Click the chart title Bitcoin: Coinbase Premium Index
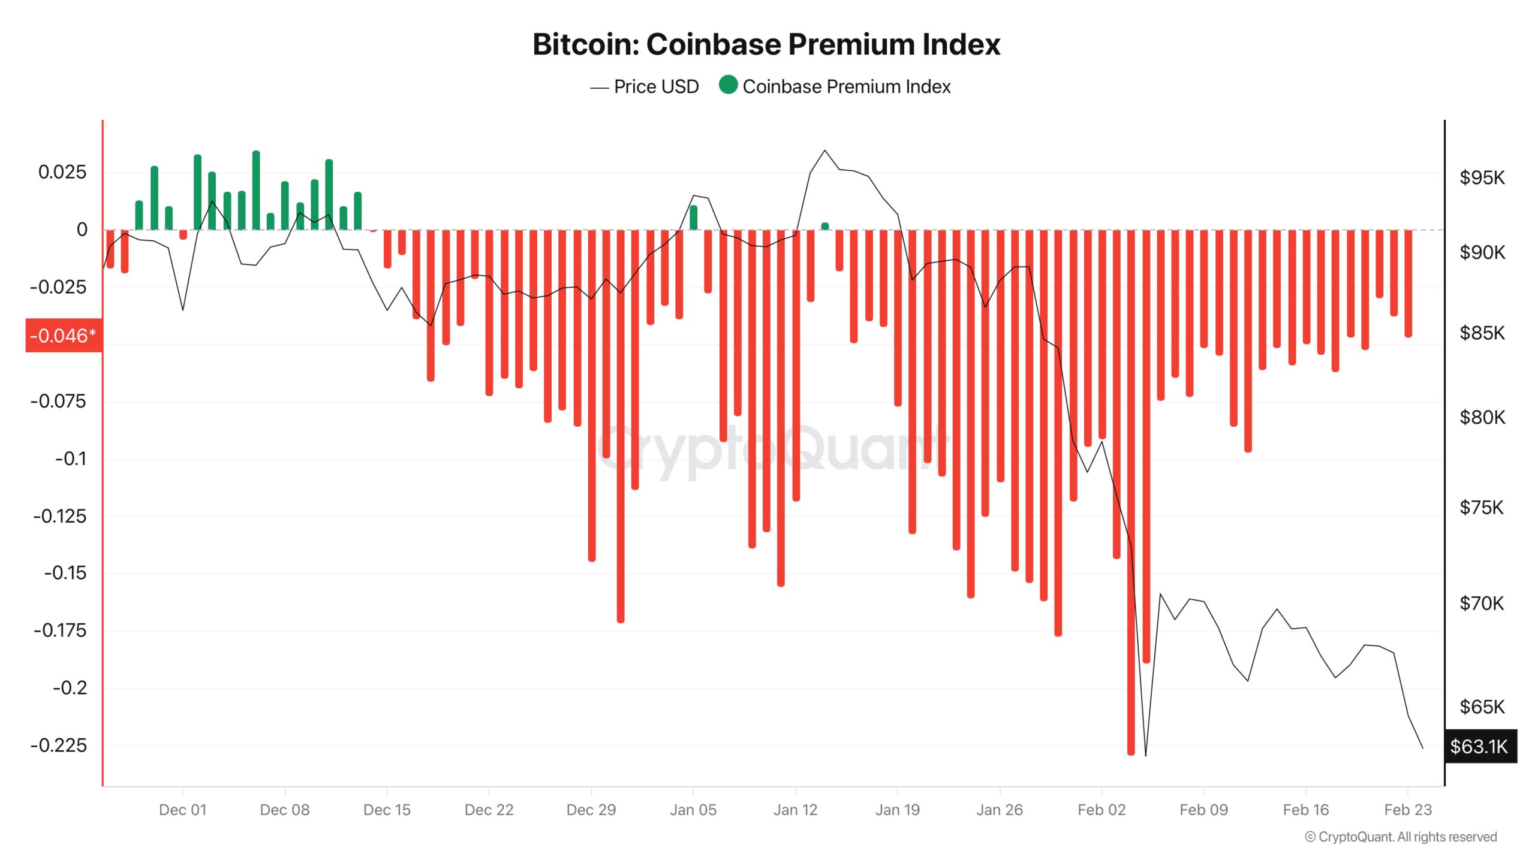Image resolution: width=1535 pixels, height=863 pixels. pyautogui.click(x=766, y=44)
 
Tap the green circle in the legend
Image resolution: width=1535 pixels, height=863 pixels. pyautogui.click(x=728, y=85)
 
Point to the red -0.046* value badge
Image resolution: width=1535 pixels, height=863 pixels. pyautogui.click(x=64, y=336)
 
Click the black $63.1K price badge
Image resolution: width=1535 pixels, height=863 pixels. pyautogui.click(x=1480, y=747)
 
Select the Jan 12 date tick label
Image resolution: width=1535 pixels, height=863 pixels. pyautogui.click(x=795, y=810)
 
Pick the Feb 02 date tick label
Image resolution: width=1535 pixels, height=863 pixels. pyautogui.click(x=1101, y=810)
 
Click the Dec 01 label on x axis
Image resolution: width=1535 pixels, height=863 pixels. pyautogui.click(x=182, y=810)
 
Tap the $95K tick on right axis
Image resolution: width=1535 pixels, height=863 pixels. pyautogui.click(x=1482, y=178)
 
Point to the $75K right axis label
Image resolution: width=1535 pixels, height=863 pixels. pyautogui.click(x=1482, y=508)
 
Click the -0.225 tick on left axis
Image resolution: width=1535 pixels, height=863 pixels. pyautogui.click(x=59, y=746)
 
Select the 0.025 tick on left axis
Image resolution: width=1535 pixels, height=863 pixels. pyautogui.click(x=62, y=173)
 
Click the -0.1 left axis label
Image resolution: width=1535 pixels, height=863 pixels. pyautogui.click(x=71, y=459)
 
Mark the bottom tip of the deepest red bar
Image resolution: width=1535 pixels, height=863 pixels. pyautogui.click(x=1131, y=753)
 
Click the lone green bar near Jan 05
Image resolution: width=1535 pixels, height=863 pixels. pyautogui.click(x=694, y=218)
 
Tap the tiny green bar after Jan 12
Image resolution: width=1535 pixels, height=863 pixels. pyautogui.click(x=825, y=227)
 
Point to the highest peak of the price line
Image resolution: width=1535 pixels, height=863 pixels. pyautogui.click(x=824, y=150)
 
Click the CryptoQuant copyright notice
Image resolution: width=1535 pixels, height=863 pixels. pyautogui.click(x=1401, y=837)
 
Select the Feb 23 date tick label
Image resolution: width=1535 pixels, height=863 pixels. pyautogui.click(x=1407, y=810)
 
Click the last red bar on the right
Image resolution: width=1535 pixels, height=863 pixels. pyautogui.click(x=1408, y=283)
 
